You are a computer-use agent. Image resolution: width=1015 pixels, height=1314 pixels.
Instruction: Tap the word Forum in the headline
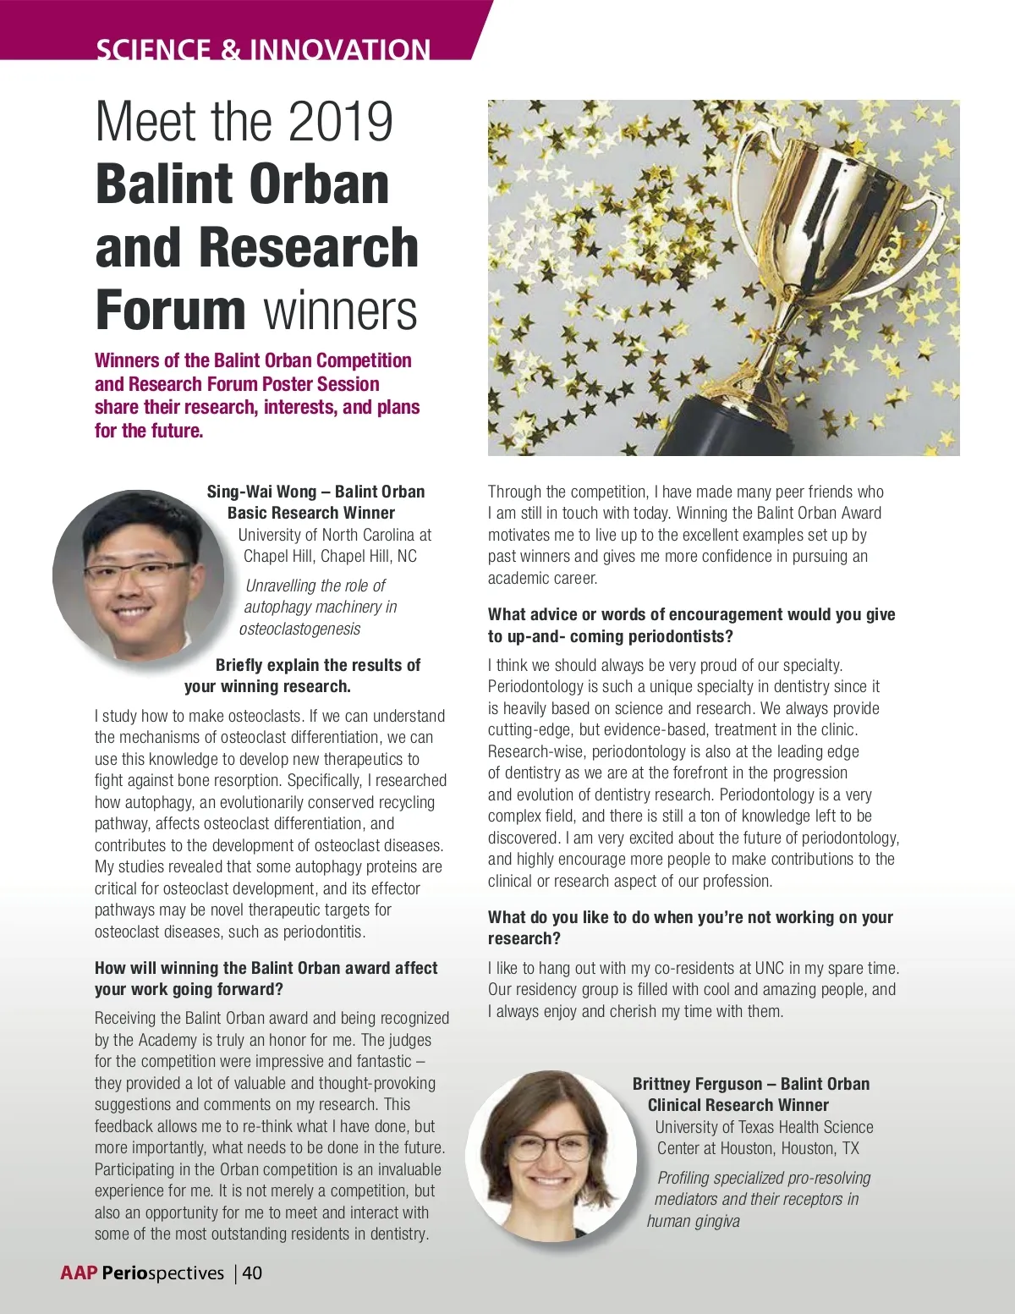pyautogui.click(x=170, y=311)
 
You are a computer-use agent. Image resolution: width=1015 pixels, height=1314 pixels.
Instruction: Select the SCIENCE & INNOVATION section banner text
pyautogui.click(x=263, y=49)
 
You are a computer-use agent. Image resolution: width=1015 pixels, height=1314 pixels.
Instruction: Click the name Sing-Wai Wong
pyautogui.click(x=261, y=492)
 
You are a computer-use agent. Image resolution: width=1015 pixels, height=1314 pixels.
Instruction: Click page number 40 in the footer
pyautogui.click(x=252, y=1273)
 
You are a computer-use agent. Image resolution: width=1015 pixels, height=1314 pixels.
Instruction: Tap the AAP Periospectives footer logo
pyautogui.click(x=142, y=1273)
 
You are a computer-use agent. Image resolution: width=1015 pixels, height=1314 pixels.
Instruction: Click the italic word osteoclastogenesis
pyautogui.click(x=299, y=629)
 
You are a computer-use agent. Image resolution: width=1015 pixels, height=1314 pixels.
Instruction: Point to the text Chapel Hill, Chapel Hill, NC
pyautogui.click(x=330, y=556)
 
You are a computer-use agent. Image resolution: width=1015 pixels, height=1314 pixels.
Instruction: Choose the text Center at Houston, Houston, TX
pyautogui.click(x=758, y=1148)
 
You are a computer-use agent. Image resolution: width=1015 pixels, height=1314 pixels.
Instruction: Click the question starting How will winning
pyautogui.click(x=266, y=978)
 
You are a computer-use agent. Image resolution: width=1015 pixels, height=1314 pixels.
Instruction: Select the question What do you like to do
pyautogui.click(x=690, y=927)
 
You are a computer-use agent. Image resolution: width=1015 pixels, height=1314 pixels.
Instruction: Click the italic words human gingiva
pyautogui.click(x=694, y=1221)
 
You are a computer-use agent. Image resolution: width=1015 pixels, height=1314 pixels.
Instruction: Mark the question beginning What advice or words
pyautogui.click(x=691, y=625)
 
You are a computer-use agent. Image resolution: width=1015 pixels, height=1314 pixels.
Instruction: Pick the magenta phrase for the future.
pyautogui.click(x=149, y=431)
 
